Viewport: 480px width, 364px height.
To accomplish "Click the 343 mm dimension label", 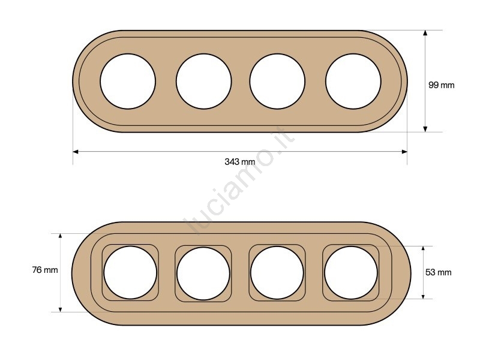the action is point(239,161).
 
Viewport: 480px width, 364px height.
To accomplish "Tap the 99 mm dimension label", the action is point(441,85).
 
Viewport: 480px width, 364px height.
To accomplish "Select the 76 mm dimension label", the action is point(45,270).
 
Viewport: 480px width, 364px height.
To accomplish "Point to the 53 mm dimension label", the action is point(439,272).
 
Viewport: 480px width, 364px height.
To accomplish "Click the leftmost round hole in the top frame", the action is point(128,82).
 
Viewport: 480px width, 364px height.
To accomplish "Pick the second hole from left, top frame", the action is point(203,82).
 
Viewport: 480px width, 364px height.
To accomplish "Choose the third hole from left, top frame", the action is point(277,82).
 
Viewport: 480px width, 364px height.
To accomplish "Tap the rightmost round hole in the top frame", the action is point(353,82).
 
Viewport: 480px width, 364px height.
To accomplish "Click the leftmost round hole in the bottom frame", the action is point(130,272).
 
